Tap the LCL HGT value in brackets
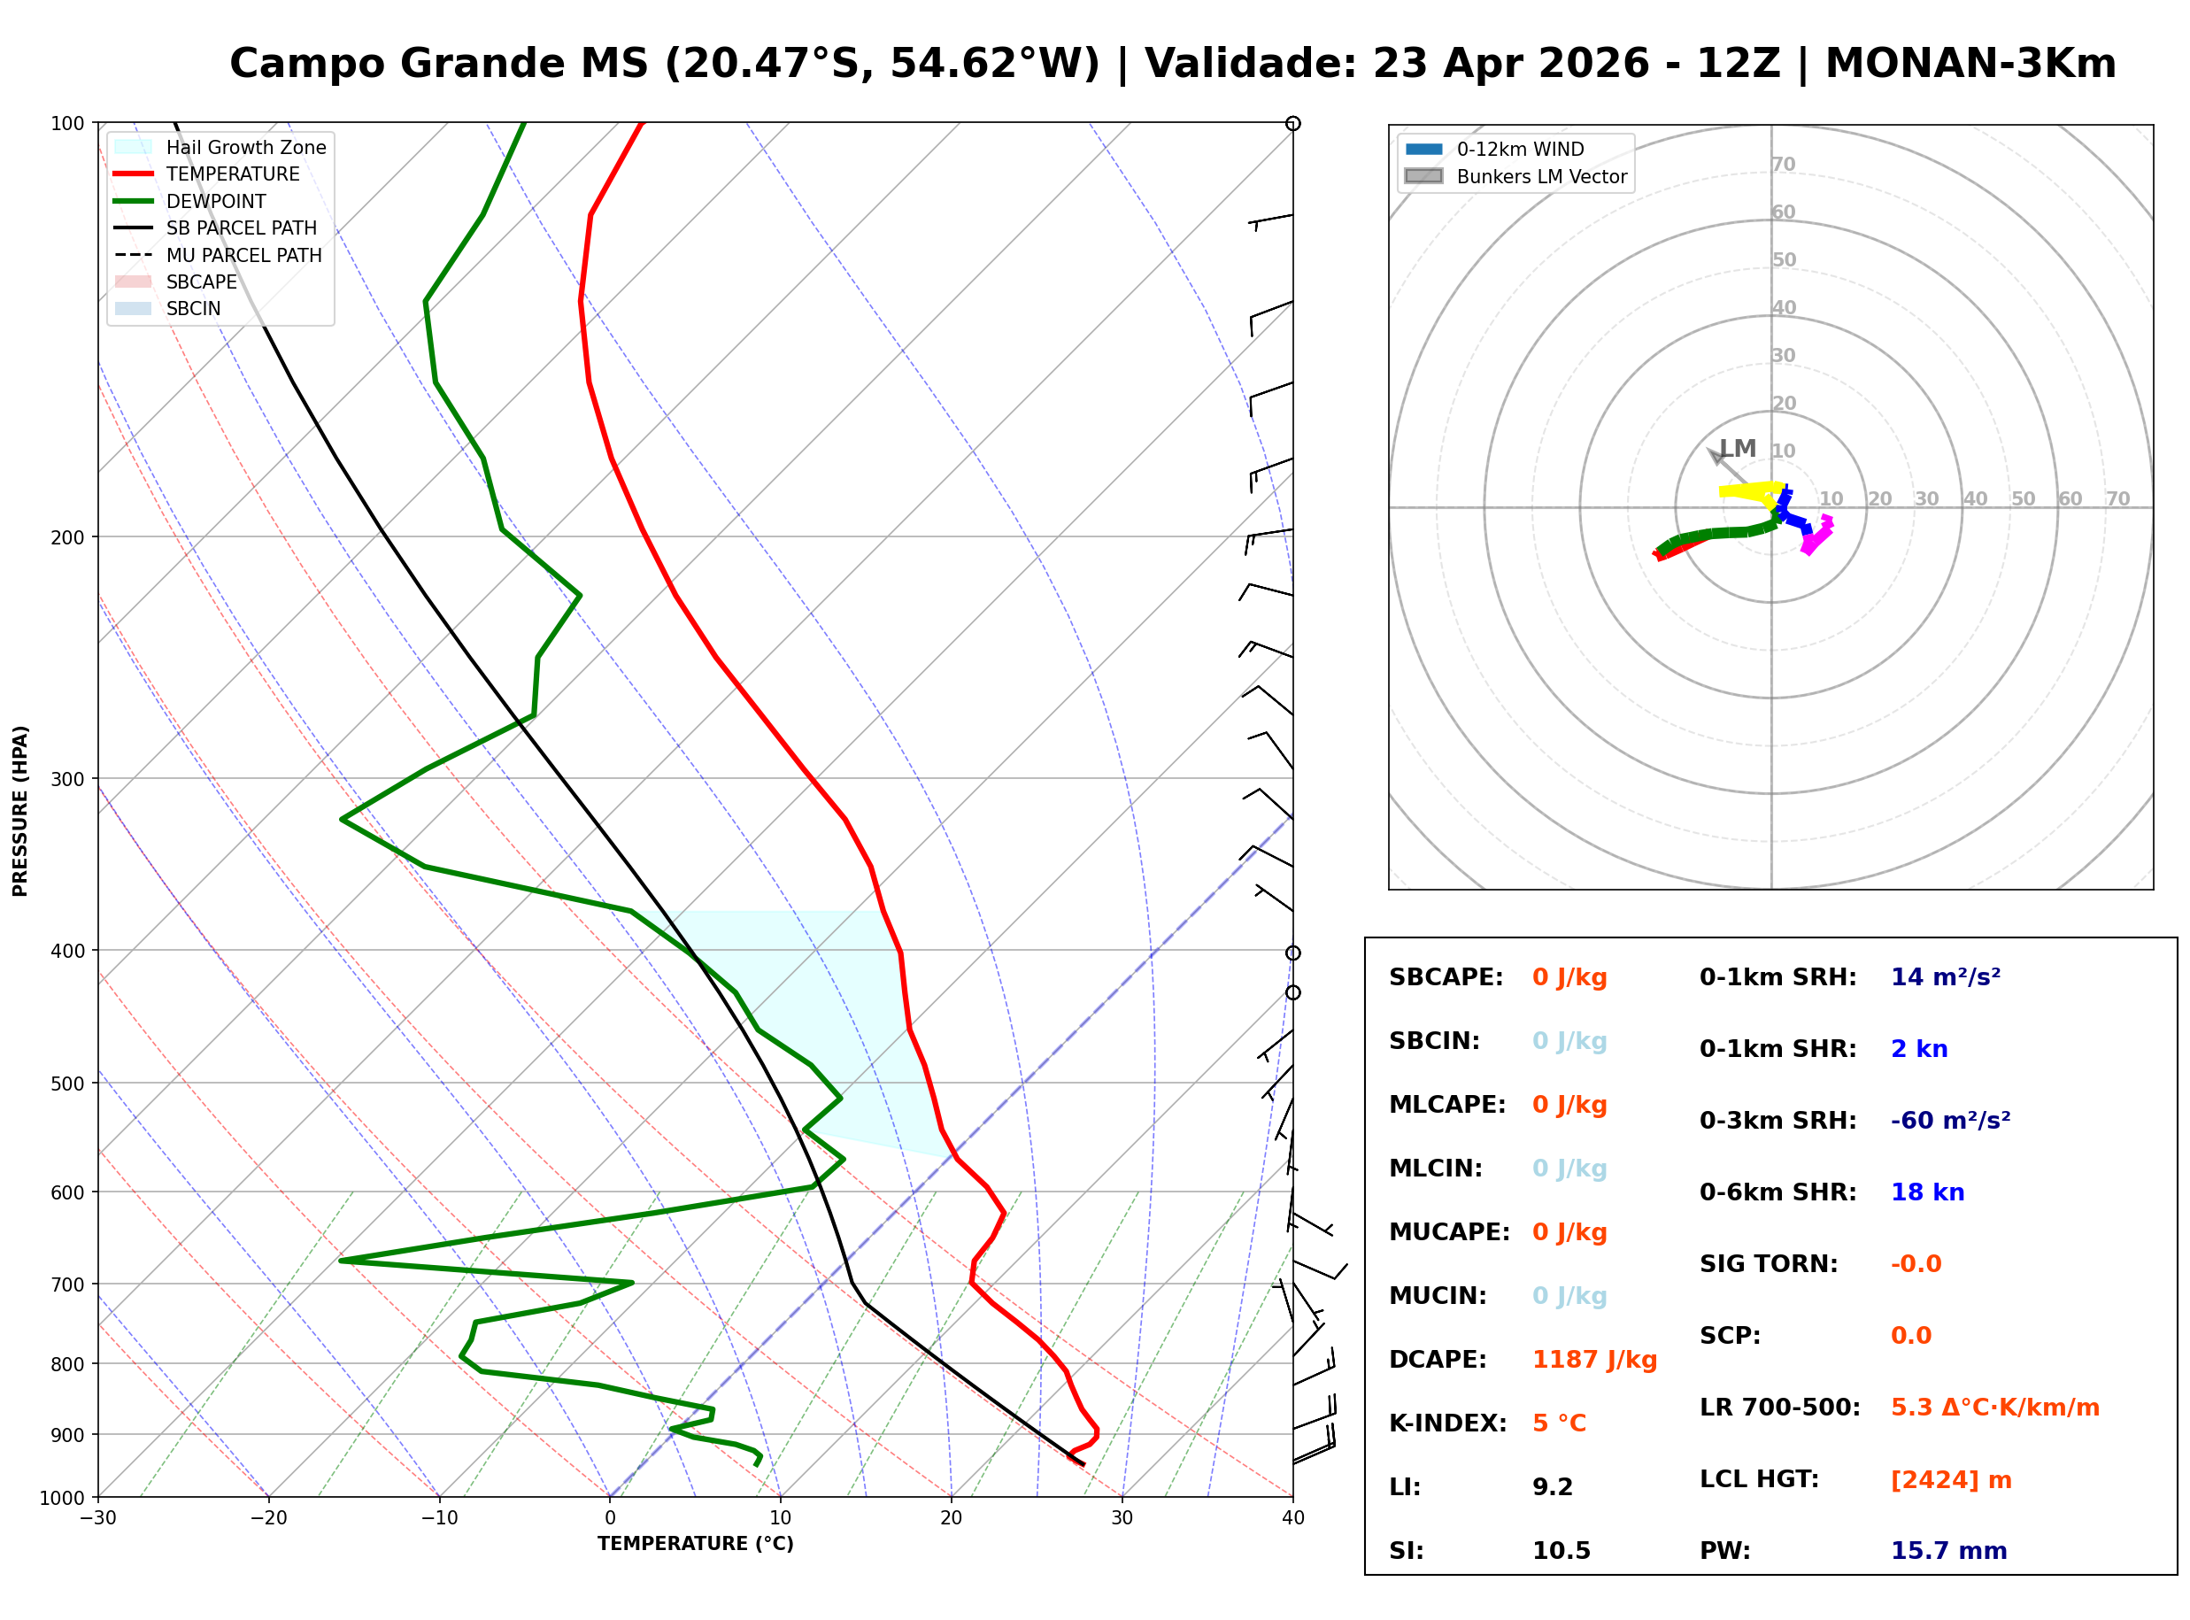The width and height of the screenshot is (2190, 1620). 1950,1480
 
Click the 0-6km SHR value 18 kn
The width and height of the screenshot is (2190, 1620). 1927,1192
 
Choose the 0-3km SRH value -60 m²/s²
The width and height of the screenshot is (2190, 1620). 1950,1121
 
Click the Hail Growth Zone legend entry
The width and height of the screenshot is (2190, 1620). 245,147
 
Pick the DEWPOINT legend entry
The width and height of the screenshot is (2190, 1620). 216,201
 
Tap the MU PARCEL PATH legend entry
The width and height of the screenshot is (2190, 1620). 243,255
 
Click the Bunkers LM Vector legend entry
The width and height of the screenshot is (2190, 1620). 1541,176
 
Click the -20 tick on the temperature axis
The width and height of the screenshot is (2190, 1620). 268,1518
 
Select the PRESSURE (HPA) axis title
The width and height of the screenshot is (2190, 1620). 19,811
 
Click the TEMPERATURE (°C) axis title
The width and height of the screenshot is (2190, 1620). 695,1544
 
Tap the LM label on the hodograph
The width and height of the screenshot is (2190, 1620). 1737,448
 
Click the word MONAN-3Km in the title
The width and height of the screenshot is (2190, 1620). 1970,64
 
